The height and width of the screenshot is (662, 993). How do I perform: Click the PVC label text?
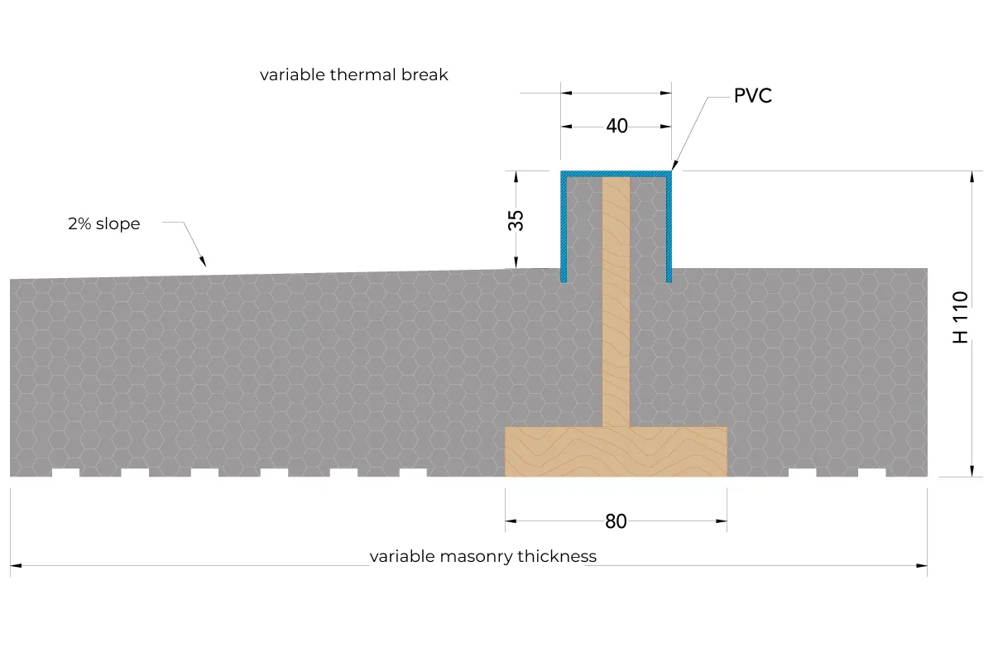point(753,96)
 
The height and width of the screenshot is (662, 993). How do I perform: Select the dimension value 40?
point(616,127)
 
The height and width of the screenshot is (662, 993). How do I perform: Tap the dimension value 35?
point(516,220)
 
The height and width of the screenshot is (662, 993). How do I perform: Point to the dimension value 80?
point(616,522)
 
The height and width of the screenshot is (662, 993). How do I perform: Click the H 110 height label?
point(960,317)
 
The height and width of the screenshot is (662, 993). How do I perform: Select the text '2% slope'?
point(103,224)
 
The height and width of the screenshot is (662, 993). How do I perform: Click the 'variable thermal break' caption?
point(354,75)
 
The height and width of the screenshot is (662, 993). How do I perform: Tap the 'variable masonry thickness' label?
point(482,556)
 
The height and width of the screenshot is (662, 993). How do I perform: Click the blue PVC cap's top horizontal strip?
point(616,175)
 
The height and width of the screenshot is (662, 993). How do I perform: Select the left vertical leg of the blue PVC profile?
point(564,227)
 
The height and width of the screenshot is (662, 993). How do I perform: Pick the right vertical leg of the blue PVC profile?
point(669,227)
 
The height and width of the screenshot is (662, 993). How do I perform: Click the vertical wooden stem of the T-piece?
point(616,302)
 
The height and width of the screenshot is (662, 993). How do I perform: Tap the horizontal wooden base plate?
point(616,452)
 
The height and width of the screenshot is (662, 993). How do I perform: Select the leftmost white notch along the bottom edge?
point(65,473)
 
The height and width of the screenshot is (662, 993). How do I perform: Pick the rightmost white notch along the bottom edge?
point(872,473)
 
